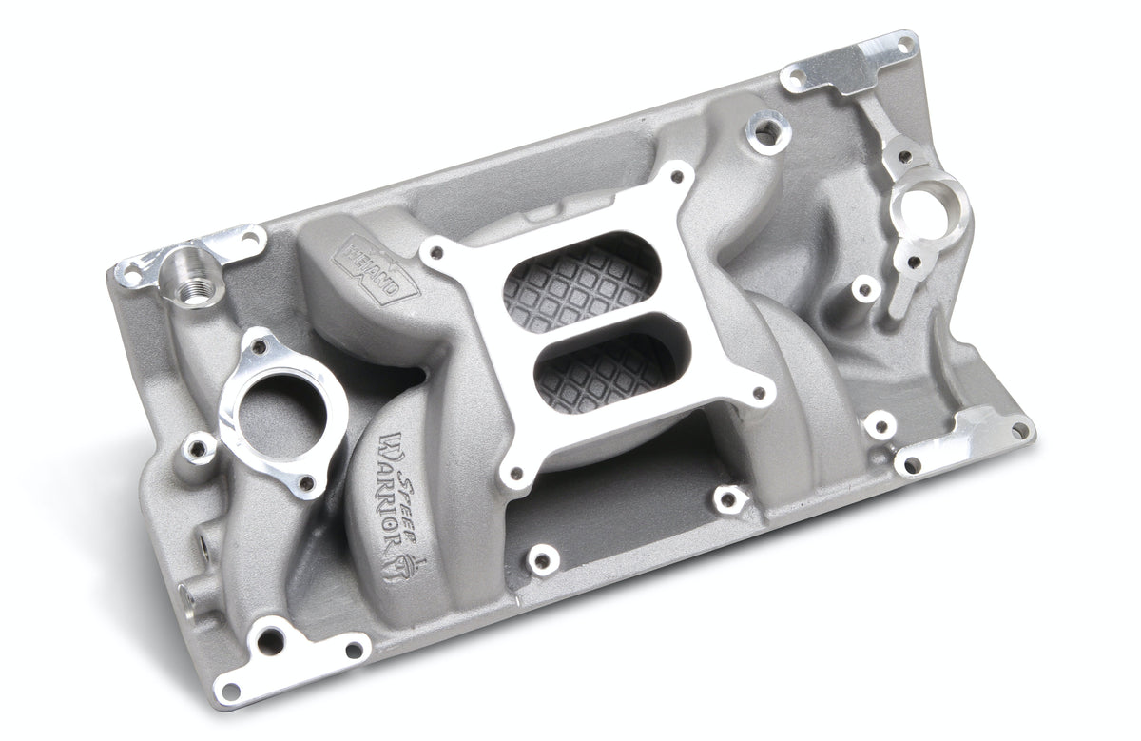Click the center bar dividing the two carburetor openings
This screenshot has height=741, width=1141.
pos(590,323)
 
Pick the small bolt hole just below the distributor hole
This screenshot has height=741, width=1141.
pos(911,261)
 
